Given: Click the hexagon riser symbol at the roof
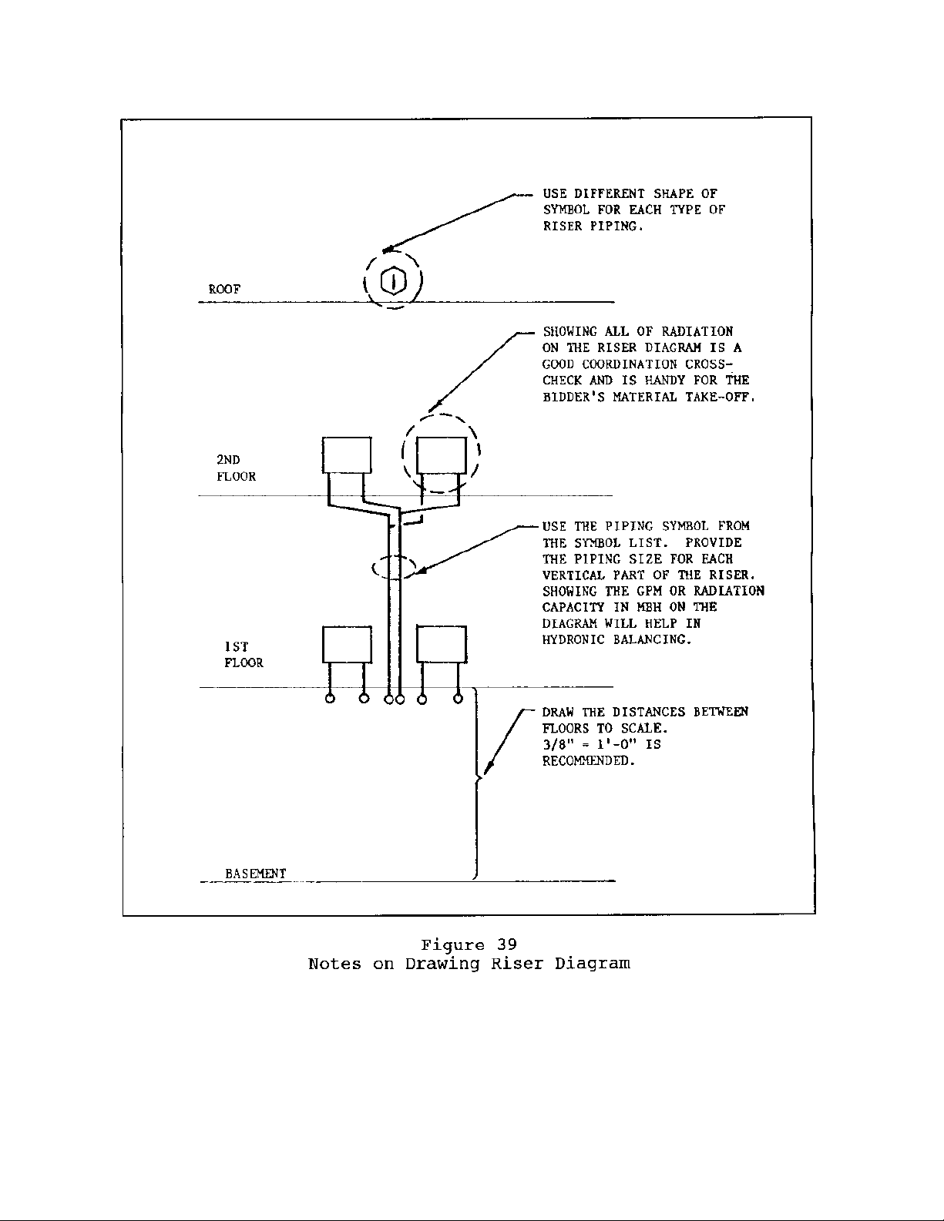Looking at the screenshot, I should (x=394, y=281).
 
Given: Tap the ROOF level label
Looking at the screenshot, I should (x=224, y=289).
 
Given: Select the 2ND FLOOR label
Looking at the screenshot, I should (x=235, y=468).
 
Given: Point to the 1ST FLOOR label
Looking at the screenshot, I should (x=244, y=655).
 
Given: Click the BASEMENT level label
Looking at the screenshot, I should (x=255, y=873).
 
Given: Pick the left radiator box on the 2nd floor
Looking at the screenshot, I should (x=347, y=455).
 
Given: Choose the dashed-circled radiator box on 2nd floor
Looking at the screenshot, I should (x=442, y=455).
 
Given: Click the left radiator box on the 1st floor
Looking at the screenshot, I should (x=347, y=645).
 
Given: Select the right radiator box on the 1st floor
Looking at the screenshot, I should (x=442, y=645).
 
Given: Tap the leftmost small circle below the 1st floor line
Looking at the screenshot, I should (x=330, y=699).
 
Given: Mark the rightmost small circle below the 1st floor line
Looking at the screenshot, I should (x=458, y=699).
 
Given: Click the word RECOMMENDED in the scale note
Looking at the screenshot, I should (x=589, y=761).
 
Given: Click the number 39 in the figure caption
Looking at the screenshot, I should (x=506, y=945).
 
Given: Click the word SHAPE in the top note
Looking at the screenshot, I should (x=673, y=193).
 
